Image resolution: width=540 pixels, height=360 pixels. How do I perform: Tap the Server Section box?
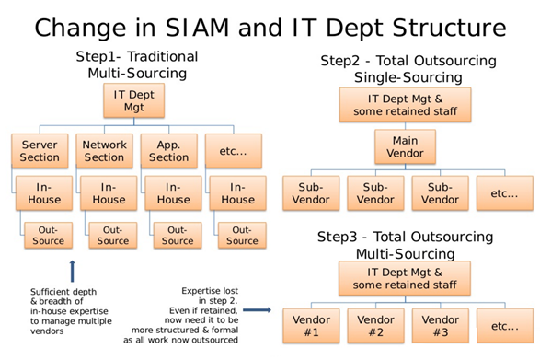38,151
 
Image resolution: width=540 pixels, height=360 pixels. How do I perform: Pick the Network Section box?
104,151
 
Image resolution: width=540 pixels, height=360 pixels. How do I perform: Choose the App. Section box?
167,151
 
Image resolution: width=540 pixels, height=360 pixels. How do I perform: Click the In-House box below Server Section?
43,193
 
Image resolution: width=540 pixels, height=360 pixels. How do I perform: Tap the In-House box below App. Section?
173,193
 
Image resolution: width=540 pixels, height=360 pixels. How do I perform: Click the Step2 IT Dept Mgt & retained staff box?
406,104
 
